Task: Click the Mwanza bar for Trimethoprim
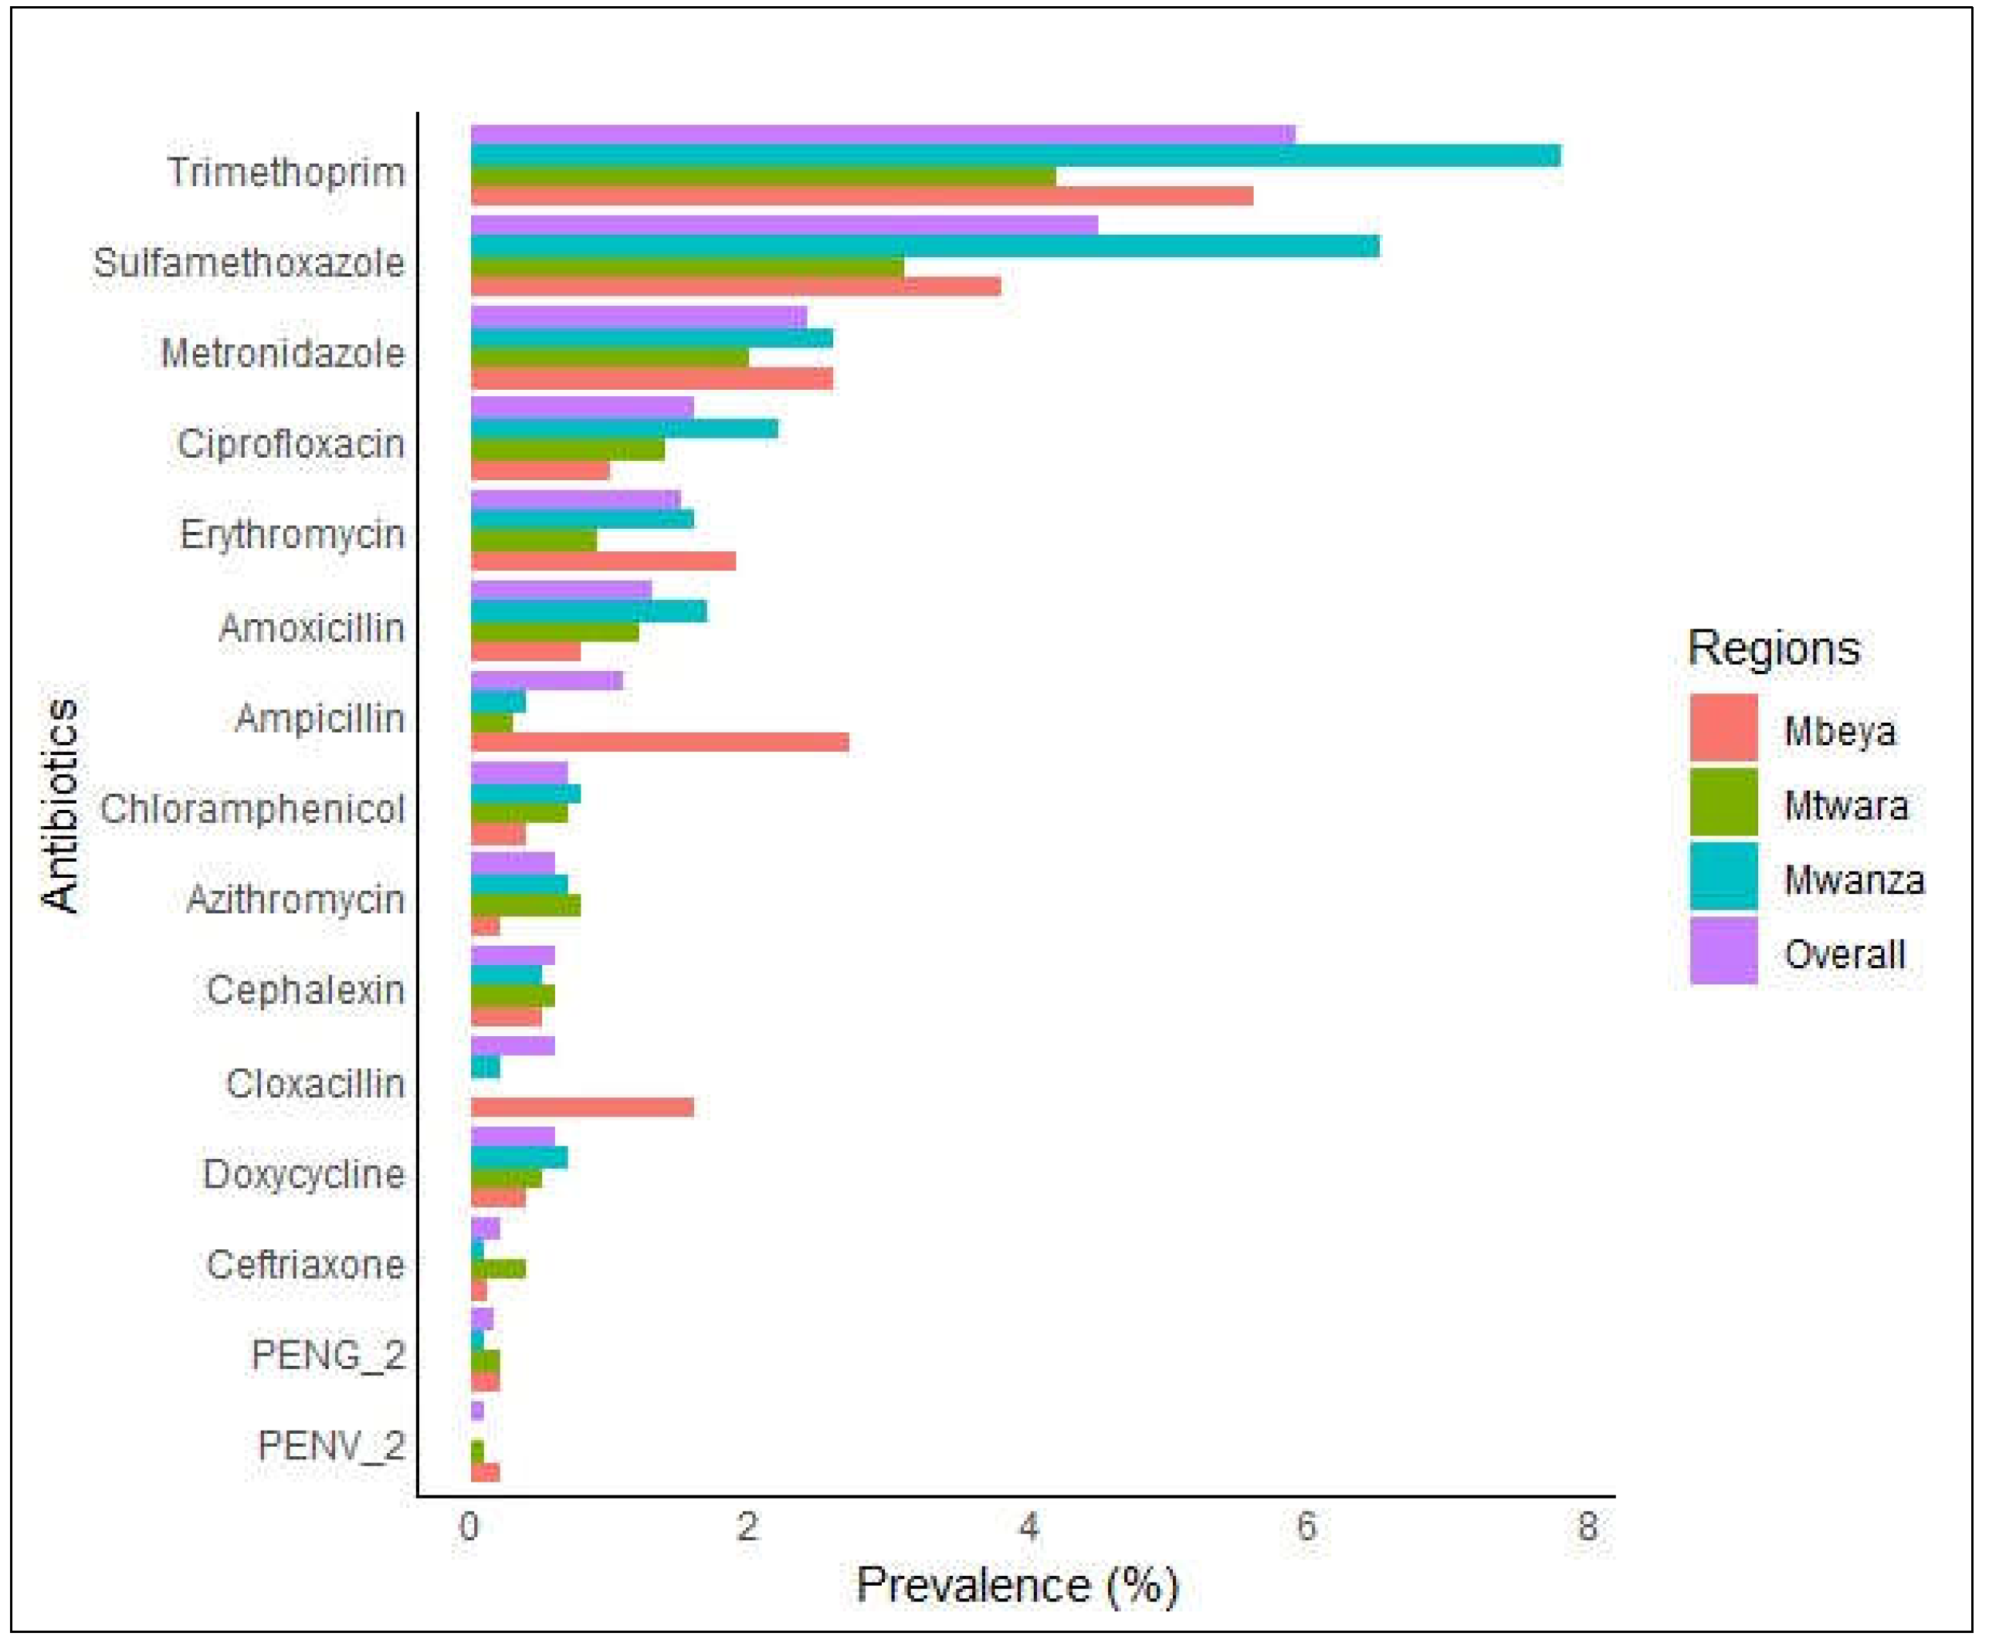click(x=1015, y=155)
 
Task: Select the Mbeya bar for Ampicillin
click(x=659, y=741)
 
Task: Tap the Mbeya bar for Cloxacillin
click(x=582, y=1106)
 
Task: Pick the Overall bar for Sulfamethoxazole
click(x=784, y=225)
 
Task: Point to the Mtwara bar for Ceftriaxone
click(x=498, y=1269)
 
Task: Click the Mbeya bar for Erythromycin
click(x=603, y=561)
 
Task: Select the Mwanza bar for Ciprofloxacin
click(x=625, y=429)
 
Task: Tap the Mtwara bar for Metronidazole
click(x=609, y=357)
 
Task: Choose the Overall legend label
click(x=1844, y=954)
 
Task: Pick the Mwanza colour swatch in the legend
click(x=1723, y=876)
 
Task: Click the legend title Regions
click(x=1774, y=649)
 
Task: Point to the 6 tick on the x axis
click(x=1306, y=1526)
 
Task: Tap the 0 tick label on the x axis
click(x=469, y=1526)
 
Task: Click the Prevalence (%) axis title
click(x=1017, y=1585)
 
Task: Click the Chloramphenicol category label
click(x=252, y=809)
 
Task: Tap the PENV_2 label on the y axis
click(x=330, y=1445)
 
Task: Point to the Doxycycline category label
click(x=303, y=1174)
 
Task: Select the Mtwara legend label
click(x=1845, y=805)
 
